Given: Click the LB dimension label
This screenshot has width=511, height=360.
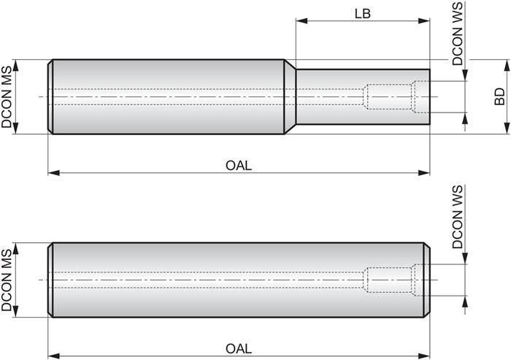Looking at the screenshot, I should click(363, 14).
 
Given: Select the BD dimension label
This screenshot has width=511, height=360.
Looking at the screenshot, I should click(499, 96).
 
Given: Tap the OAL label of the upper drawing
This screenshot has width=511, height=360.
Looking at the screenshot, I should click(239, 165).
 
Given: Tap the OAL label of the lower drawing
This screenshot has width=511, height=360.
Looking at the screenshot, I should click(239, 348).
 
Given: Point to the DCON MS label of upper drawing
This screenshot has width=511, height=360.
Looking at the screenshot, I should click(7, 97).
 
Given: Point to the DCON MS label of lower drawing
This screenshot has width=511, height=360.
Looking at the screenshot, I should click(7, 279).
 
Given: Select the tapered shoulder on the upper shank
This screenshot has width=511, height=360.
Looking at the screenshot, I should click(290, 96).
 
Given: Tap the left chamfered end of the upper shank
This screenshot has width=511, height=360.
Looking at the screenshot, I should click(50, 96).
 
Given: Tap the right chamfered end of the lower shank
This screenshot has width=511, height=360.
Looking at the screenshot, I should click(426, 279).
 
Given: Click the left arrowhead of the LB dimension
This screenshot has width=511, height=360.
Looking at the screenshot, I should click(299, 22).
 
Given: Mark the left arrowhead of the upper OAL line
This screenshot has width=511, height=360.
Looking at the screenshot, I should click(52, 173).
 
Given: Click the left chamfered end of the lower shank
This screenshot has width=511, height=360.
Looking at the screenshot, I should click(50, 279).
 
